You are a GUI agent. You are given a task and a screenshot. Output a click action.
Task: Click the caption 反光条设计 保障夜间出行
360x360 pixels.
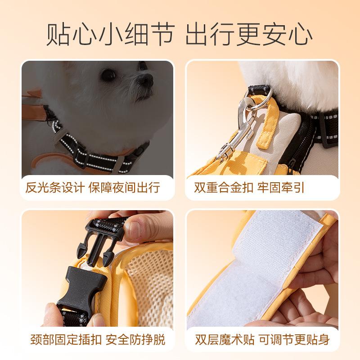click(x=93, y=187)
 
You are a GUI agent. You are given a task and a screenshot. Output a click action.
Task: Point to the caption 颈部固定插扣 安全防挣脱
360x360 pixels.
click(x=98, y=339)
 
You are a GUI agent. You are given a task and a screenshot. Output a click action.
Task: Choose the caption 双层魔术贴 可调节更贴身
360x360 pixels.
click(x=262, y=339)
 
